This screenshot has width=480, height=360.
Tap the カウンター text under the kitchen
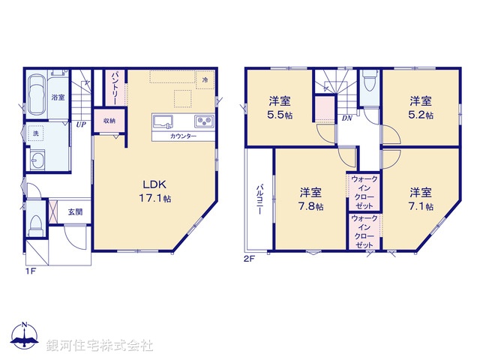click(184, 136)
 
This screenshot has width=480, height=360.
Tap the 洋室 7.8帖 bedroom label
click(310, 197)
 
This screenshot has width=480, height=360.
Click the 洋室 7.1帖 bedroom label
click(420, 197)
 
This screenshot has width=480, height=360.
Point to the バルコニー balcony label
click(256, 199)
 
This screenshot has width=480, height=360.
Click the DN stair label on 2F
click(347, 118)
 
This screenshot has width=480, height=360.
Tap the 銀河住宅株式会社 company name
click(100, 345)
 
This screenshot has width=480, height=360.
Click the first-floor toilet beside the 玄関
click(35, 222)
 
